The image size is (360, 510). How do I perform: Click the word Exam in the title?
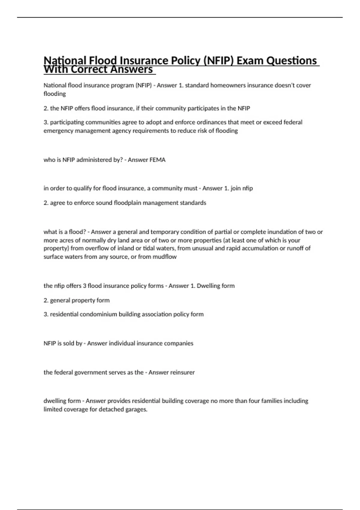(250, 61)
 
